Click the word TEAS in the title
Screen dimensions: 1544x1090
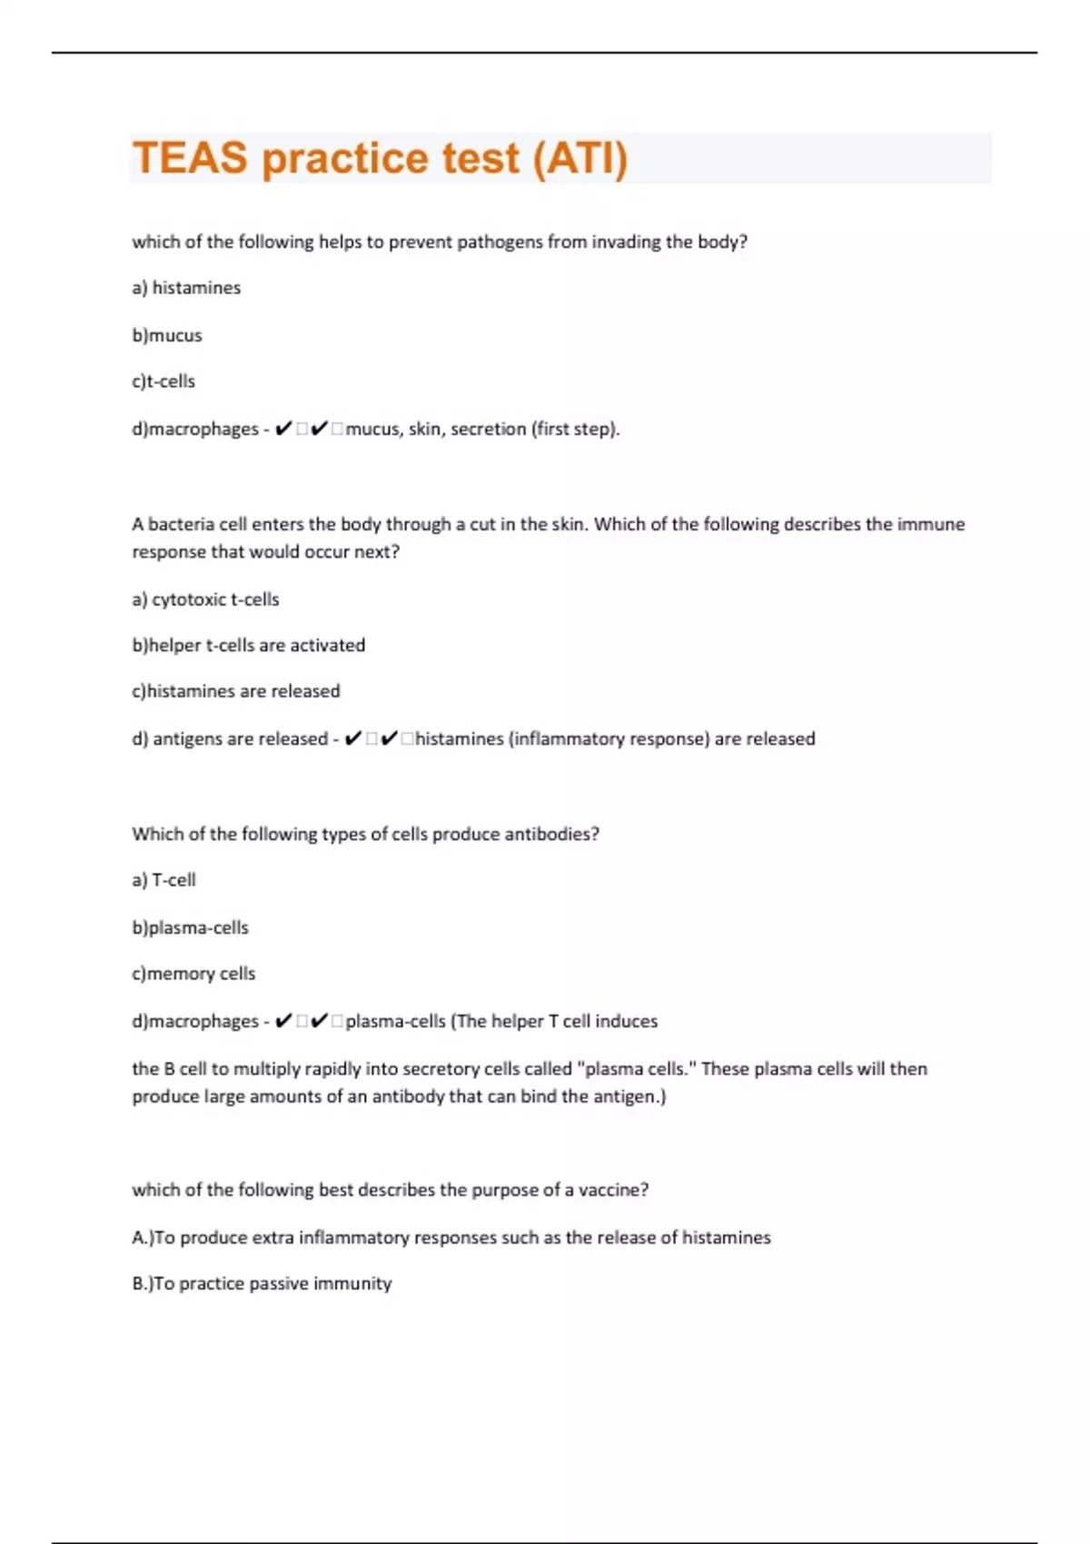[x=190, y=158]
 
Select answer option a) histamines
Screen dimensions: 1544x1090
[x=186, y=288]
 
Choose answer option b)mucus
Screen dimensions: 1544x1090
[x=167, y=335]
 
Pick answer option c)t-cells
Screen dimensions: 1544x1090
[x=163, y=381]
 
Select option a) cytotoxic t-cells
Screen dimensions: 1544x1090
[x=205, y=599]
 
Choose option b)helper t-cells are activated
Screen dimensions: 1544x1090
[x=248, y=646]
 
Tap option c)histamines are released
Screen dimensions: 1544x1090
[x=236, y=691]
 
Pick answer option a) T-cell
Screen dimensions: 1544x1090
[x=163, y=880]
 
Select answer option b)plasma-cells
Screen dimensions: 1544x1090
[x=190, y=928]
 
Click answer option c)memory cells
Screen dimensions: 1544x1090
[x=193, y=974]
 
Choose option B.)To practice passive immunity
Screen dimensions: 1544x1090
[x=262, y=1283]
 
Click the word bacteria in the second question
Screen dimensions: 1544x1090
[x=182, y=524]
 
